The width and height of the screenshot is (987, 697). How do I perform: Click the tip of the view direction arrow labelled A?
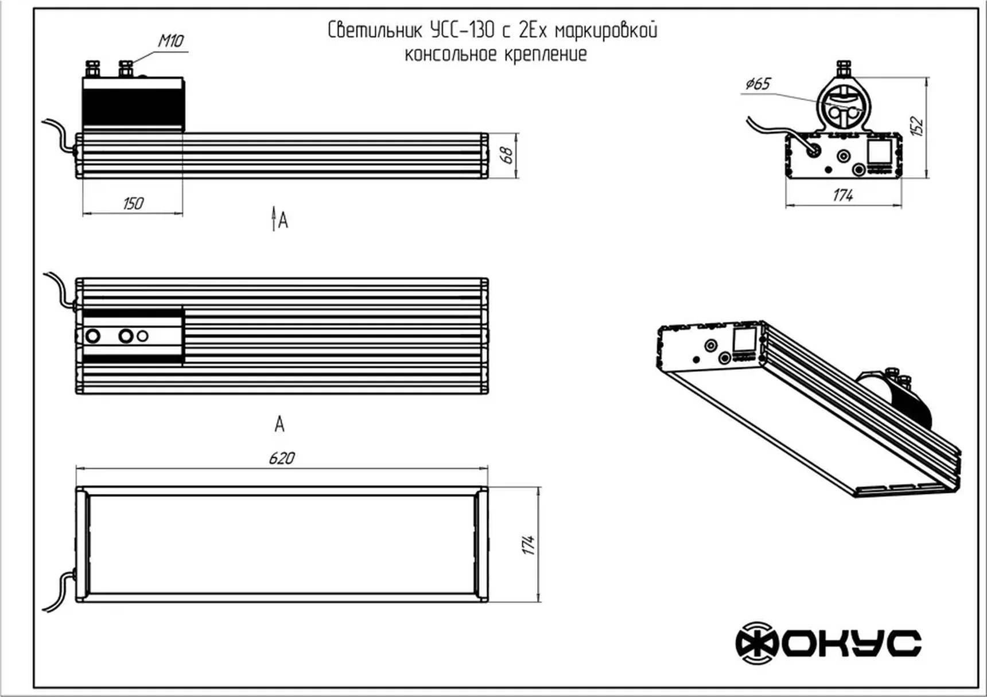coord(274,207)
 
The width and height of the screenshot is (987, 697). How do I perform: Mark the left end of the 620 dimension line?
coord(76,468)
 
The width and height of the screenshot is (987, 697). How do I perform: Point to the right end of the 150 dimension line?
coord(183,214)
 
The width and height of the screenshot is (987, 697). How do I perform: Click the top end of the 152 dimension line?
coord(927,77)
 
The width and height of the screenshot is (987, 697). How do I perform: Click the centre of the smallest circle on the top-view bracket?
coord(143,336)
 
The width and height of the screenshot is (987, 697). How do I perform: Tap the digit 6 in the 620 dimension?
coord(272,458)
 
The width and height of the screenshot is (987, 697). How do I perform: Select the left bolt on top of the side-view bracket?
coord(92,69)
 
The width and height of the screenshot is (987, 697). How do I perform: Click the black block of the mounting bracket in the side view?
coord(133,110)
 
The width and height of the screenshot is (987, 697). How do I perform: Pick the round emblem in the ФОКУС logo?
coord(757,643)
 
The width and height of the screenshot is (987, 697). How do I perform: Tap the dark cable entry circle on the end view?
coord(813,150)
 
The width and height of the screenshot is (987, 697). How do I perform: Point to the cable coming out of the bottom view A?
coord(60,593)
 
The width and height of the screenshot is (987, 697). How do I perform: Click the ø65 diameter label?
coord(757,84)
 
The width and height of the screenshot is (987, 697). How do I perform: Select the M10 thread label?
coord(170,41)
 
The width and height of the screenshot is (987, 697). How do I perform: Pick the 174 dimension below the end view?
coord(842,196)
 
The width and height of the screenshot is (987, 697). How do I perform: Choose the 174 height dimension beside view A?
coord(529,545)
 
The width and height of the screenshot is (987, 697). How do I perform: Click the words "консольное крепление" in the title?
coord(496,54)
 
